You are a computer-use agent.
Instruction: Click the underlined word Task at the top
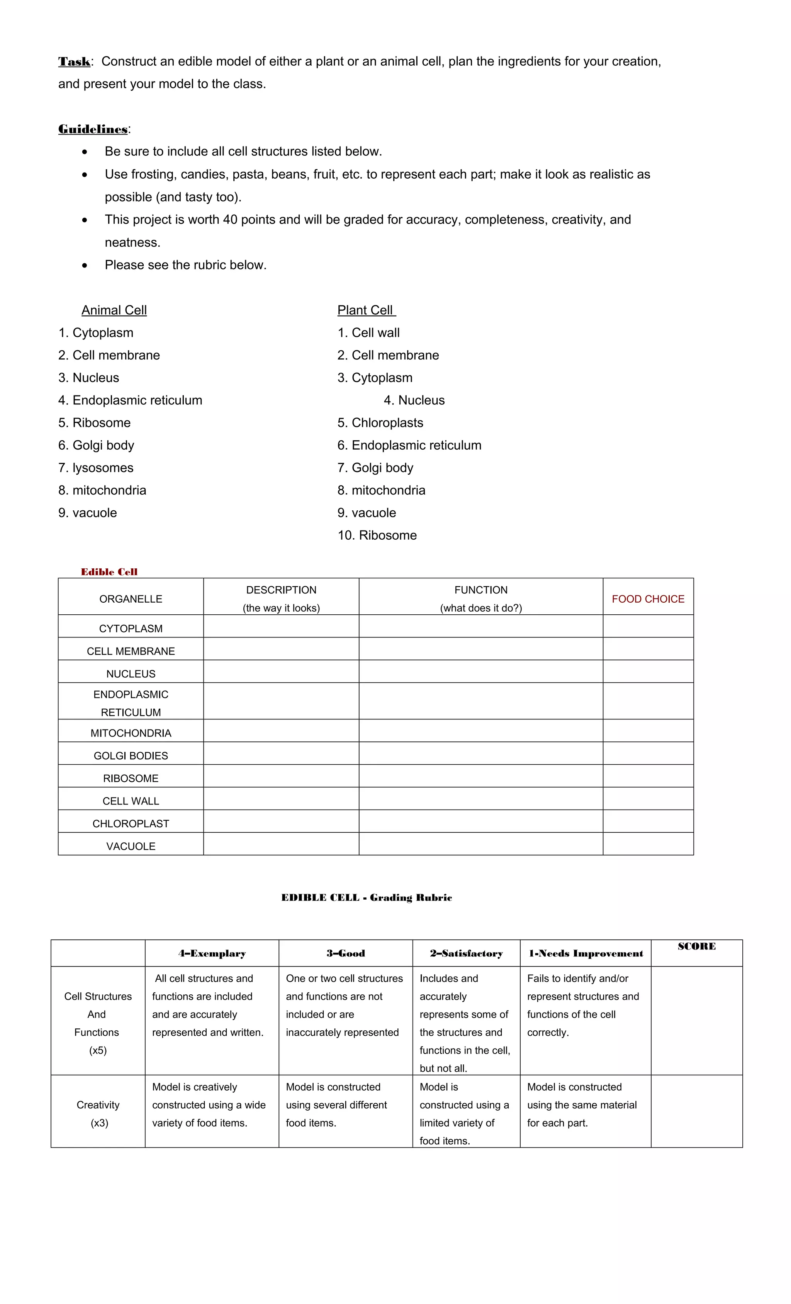[74, 61]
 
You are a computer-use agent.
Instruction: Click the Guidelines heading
[93, 129]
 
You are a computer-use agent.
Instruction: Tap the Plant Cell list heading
[366, 310]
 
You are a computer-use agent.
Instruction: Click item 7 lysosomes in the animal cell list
[96, 468]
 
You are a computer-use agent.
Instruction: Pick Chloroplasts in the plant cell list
[381, 423]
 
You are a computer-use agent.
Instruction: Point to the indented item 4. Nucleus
[414, 400]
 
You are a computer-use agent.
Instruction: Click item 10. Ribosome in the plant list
[377, 535]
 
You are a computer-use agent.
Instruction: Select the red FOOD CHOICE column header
[648, 599]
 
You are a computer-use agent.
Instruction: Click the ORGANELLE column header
[131, 599]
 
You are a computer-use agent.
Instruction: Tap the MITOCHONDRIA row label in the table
[131, 733]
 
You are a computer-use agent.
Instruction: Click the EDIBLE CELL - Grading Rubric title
[367, 898]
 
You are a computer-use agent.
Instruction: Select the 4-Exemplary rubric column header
[212, 954]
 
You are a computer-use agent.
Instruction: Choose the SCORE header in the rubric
[696, 946]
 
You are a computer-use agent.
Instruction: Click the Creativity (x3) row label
[98, 1114]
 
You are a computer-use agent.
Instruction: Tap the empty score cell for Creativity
[696, 1111]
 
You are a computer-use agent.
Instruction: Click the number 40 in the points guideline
[230, 220]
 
